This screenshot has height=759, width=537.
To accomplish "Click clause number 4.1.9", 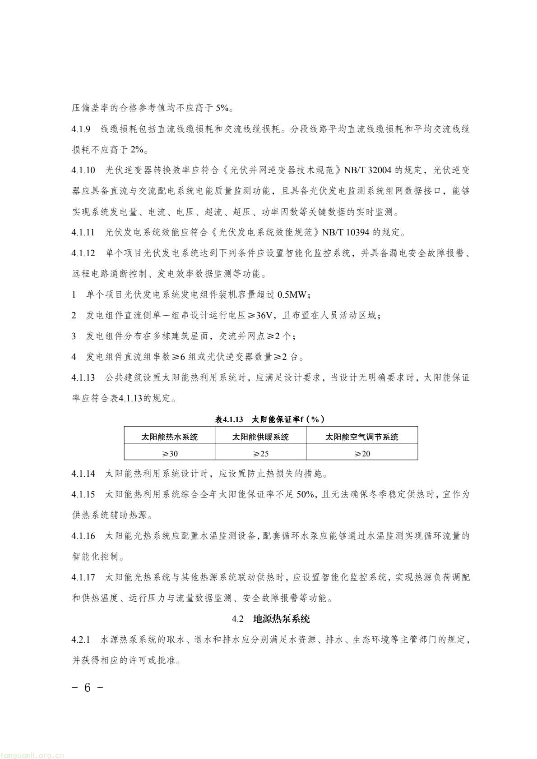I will coord(81,129).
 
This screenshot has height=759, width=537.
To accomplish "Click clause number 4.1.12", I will coord(83,253).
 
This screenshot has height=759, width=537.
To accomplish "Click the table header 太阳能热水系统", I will coord(170,437).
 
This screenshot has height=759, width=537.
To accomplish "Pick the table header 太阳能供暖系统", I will coord(260,437).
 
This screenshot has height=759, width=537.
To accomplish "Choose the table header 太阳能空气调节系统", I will coord(362,437).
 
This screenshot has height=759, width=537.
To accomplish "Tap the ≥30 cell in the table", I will coord(170,453).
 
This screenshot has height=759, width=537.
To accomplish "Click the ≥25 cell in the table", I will coord(260,453).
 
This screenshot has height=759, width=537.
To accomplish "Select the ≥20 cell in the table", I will coord(362,453).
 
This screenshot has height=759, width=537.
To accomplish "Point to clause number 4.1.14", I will coord(83,474).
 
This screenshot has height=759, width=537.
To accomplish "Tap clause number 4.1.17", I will coord(83,577).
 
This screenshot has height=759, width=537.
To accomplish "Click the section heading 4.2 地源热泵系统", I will coord(271,619).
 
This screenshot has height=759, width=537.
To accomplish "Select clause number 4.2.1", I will coord(81,640).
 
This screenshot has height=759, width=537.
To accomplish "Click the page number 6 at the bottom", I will coord(88,688).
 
